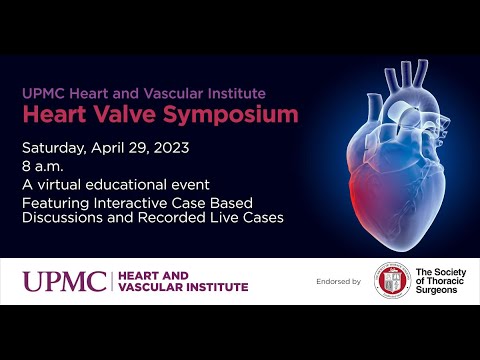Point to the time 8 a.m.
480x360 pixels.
coord(44,167)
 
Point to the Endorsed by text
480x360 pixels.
coord(338,282)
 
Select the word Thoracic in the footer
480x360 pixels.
coord(442,281)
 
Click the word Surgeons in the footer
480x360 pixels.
coord(438,292)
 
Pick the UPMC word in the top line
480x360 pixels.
coord(40,93)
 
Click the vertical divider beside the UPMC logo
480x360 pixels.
coord(109,281)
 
